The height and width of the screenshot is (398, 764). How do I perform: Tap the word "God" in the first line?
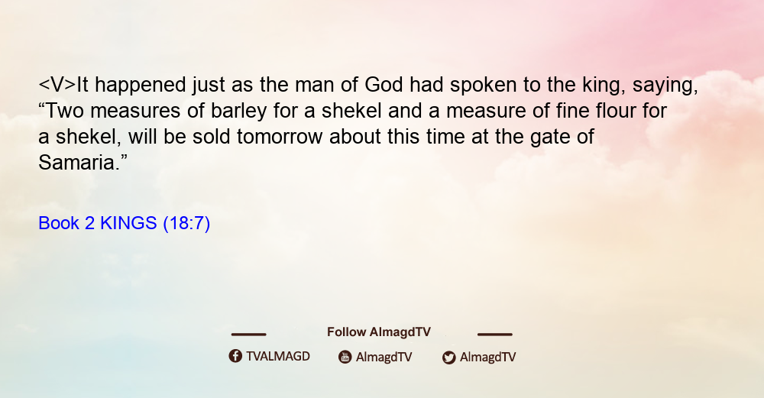coord(384,85)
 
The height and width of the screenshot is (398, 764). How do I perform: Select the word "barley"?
coord(238,112)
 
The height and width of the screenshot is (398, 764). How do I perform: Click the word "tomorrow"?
coord(280,137)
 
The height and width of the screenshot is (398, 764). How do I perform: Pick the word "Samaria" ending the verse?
coord(77,162)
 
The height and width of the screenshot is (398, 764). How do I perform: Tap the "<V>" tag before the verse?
coord(57,85)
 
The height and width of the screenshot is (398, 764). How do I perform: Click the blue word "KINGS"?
coord(128,223)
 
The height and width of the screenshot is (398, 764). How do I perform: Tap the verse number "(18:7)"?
coord(186,224)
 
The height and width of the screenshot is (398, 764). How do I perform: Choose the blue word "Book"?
coord(59,223)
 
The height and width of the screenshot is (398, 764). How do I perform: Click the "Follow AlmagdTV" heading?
coord(379,332)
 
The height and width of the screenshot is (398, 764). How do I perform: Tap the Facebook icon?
coord(235,356)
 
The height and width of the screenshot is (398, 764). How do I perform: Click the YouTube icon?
coord(345,357)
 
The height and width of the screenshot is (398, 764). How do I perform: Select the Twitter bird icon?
coord(448,358)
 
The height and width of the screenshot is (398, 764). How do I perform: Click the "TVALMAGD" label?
coord(278,356)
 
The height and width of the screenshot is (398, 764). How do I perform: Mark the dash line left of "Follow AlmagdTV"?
coord(248,335)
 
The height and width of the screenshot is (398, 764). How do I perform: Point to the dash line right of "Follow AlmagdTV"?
coord(494,335)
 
